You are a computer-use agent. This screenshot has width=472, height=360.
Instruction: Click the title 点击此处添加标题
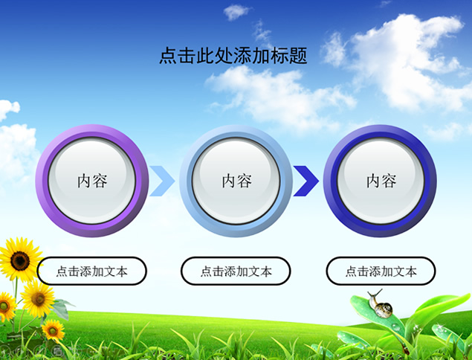point(233,56)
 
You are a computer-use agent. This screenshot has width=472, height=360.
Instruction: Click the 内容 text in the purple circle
point(92,181)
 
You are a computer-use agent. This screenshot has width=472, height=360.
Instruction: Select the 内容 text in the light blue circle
point(236,181)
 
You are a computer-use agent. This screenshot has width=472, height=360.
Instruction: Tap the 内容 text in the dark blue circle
point(381,181)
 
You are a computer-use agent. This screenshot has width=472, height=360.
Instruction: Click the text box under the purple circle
point(92,271)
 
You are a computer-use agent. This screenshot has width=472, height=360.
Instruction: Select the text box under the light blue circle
point(236,271)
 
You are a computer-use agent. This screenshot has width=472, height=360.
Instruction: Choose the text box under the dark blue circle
point(381,271)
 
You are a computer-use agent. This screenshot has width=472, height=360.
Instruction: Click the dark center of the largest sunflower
point(20,261)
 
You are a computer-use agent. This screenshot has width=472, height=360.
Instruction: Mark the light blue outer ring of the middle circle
point(185,181)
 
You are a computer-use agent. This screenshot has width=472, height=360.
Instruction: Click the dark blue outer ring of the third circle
point(329,181)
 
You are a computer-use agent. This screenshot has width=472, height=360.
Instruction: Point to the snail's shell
point(384,309)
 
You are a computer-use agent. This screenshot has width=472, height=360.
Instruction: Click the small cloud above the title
point(236,12)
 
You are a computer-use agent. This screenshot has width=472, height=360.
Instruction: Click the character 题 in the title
point(298,56)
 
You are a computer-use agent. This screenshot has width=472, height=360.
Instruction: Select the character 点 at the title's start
point(168,56)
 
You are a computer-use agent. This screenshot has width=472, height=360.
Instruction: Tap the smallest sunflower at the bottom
point(54,330)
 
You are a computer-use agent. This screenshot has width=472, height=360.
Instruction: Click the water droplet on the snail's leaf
point(396,327)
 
